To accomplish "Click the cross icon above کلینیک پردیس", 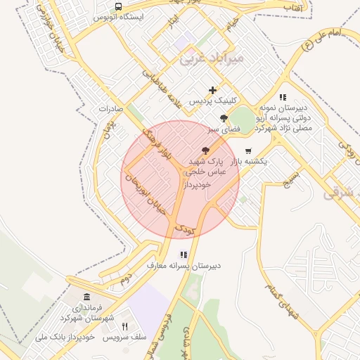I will click(212, 90).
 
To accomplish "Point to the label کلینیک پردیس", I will click(212, 102).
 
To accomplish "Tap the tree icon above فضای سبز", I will click(224, 118).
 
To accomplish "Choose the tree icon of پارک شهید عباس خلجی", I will click(205, 150).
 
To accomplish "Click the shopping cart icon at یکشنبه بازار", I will click(248, 150).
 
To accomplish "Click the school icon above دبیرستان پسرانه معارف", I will click(184, 255).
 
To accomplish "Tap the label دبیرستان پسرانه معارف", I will click(184, 266).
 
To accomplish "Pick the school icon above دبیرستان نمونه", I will click(283, 97).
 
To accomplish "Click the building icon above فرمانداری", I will click(86, 297).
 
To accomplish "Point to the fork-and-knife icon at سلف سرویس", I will click(125, 326).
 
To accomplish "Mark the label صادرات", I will click(111, 109).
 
